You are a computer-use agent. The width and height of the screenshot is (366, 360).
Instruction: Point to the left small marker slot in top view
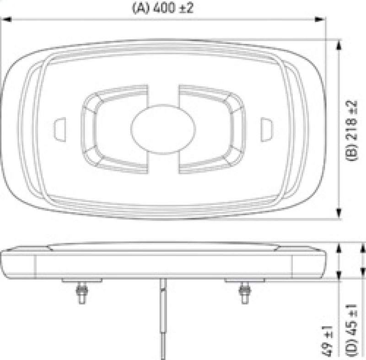60,129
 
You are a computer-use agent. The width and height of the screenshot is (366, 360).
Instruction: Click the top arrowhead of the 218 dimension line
339,44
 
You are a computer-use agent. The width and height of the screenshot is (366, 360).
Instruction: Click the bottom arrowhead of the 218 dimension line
339,214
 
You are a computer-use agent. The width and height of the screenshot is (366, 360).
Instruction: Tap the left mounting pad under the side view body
81,280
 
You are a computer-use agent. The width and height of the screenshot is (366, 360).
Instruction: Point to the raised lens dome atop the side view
162,246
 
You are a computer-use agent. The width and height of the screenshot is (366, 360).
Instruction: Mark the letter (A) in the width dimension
139,8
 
